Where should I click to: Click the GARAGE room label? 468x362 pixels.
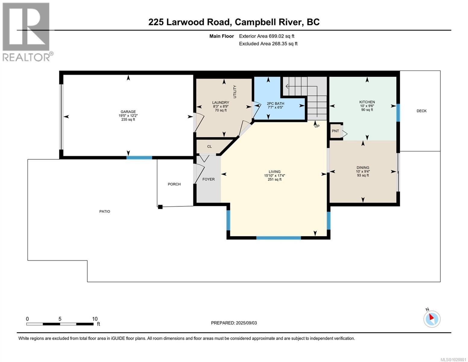[x=128, y=112]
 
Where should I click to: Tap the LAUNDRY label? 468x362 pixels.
[x=221, y=103]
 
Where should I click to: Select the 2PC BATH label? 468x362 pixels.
[x=275, y=103]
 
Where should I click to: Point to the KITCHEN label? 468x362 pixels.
[x=367, y=102]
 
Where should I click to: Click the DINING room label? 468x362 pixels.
[x=363, y=168]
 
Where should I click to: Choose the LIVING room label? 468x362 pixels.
[x=275, y=172]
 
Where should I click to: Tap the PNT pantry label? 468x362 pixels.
[x=335, y=131]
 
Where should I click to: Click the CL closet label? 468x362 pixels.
[x=209, y=147]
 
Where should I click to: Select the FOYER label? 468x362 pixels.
[x=209, y=179]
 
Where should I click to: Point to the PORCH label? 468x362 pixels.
[x=174, y=184]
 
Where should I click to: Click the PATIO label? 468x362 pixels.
[x=105, y=211]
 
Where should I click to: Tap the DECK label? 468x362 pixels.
[x=421, y=111]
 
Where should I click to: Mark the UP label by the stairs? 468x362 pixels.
[x=317, y=126]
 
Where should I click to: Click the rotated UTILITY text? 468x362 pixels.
[x=235, y=91]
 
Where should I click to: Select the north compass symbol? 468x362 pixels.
[x=432, y=319]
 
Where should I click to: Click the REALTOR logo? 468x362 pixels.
[x=27, y=32]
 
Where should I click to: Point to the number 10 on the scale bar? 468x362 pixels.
[x=95, y=319]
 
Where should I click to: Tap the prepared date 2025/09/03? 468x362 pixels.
[x=246, y=323]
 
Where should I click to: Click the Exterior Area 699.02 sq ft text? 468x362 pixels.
[x=266, y=36]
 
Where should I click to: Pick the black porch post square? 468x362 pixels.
[x=160, y=207]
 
